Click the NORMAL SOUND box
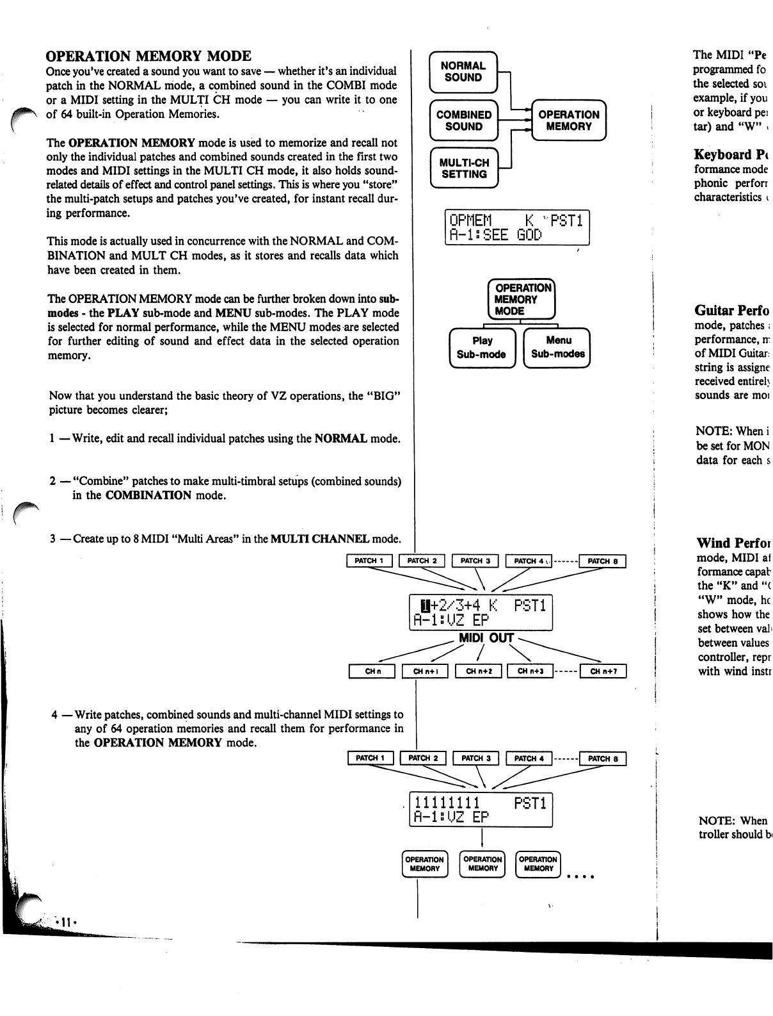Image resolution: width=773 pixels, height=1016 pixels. pyautogui.click(x=463, y=72)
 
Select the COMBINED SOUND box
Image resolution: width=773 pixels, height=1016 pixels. pyautogui.click(x=464, y=120)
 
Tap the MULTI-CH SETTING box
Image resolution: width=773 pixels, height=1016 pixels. pyautogui.click(x=464, y=168)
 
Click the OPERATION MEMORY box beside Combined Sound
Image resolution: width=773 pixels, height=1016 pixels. pyautogui.click(x=568, y=120)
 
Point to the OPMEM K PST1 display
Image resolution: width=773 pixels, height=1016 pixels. pyautogui.click(x=516, y=227)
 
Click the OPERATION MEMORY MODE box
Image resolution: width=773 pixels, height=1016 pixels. pyautogui.click(x=521, y=299)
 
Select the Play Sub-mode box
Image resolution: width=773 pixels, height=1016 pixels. pyautogui.click(x=482, y=347)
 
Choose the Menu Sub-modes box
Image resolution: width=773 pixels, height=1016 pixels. pyautogui.click(x=557, y=347)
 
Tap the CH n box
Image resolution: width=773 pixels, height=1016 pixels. pyautogui.click(x=372, y=671)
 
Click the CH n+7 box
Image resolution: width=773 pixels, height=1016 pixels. pyautogui.click(x=603, y=671)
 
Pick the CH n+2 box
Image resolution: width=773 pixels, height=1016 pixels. pyautogui.click(x=479, y=671)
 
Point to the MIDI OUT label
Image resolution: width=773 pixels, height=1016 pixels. pyautogui.click(x=486, y=638)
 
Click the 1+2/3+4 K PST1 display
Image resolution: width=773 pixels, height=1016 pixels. pyautogui.click(x=481, y=612)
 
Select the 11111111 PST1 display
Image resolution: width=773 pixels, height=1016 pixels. pyautogui.click(x=481, y=810)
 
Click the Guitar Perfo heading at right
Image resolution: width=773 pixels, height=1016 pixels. pyautogui.click(x=732, y=311)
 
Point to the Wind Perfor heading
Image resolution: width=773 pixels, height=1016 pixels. pyautogui.click(x=732, y=543)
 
